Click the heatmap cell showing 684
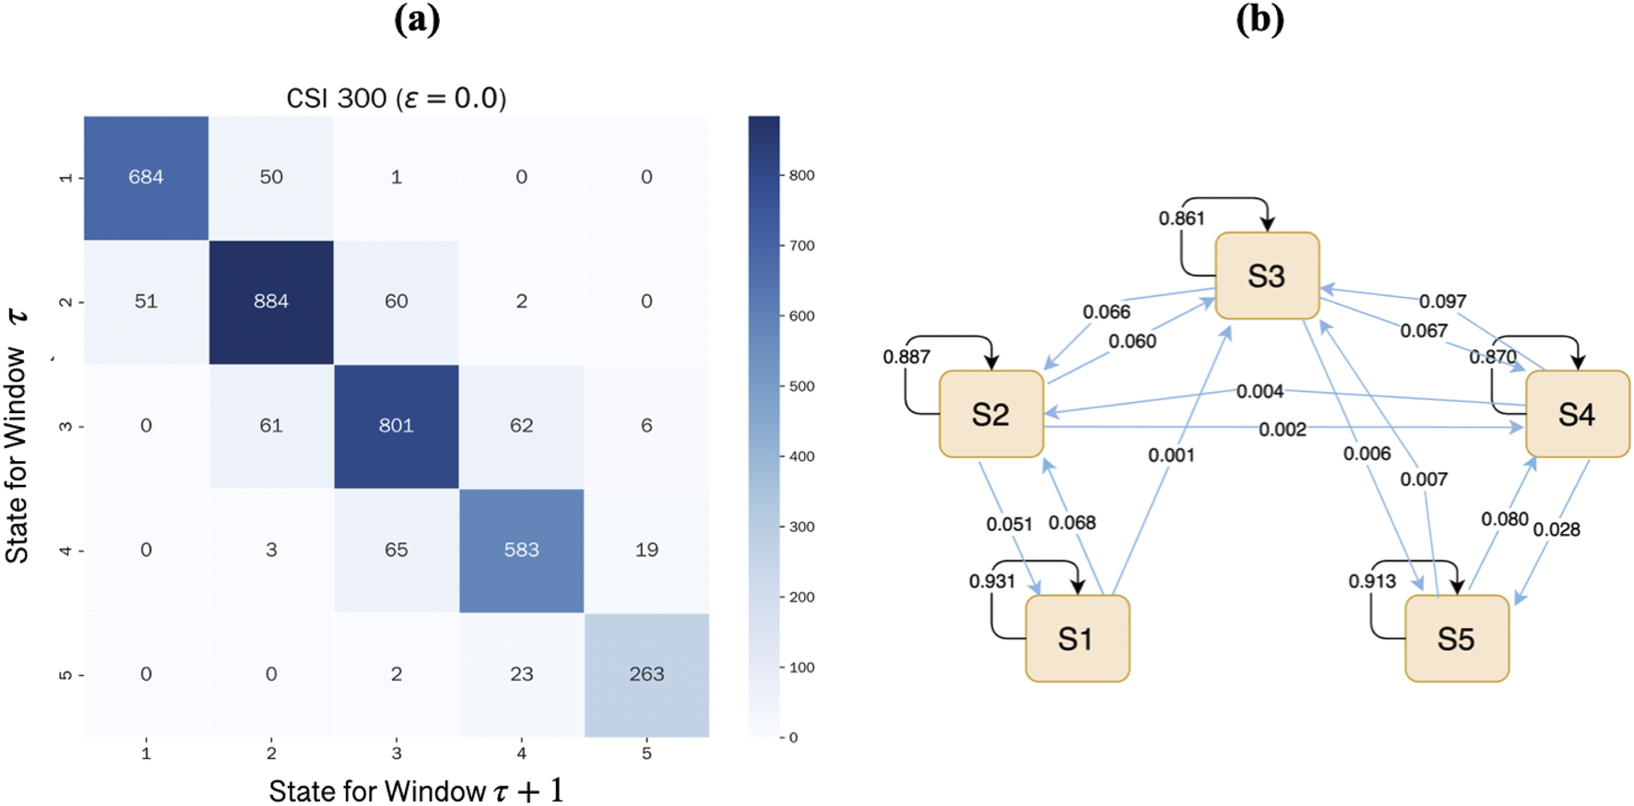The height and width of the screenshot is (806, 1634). (x=146, y=177)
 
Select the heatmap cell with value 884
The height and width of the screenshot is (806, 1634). (x=271, y=302)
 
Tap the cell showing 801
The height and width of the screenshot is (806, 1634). (x=396, y=426)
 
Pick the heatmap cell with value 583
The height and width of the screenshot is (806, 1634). (x=521, y=551)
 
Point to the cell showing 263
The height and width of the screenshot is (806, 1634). (x=646, y=674)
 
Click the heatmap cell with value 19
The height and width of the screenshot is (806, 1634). (x=646, y=551)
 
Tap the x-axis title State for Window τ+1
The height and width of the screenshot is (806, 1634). (x=416, y=790)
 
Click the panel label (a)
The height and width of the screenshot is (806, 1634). (x=417, y=19)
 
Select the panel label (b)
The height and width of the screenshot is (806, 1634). (x=1260, y=19)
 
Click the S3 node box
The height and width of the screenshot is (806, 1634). (x=1267, y=276)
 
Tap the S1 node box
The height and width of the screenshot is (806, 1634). (x=1077, y=638)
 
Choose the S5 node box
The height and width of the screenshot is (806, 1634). (x=1456, y=638)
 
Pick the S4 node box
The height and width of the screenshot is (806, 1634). (x=1577, y=414)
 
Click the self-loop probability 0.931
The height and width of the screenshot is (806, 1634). (x=991, y=581)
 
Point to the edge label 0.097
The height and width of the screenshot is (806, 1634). (x=1442, y=302)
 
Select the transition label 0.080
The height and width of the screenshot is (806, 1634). (x=1505, y=519)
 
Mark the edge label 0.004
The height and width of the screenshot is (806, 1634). (x=1260, y=392)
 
